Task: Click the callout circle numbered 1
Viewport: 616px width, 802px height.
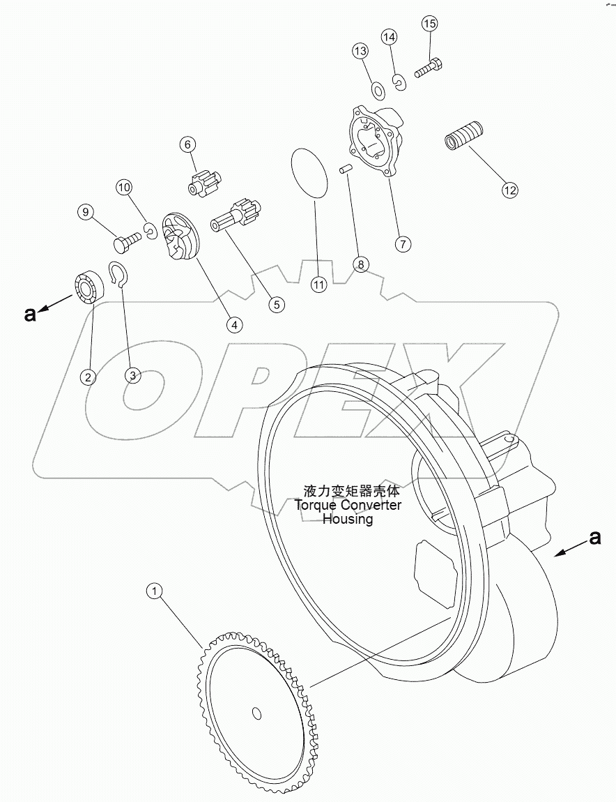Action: click(x=155, y=591)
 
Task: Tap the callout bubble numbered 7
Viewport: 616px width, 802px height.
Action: click(x=402, y=244)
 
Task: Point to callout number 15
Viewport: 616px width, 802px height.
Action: click(x=429, y=24)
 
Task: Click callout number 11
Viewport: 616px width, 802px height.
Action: click(x=318, y=284)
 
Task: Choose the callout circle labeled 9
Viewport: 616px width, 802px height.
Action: click(x=86, y=212)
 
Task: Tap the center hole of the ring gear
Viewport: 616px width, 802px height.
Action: click(x=256, y=713)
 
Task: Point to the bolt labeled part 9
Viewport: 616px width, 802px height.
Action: click(x=126, y=241)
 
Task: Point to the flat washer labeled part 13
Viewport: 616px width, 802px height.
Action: click(x=378, y=90)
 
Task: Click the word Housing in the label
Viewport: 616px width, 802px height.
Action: click(x=347, y=519)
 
